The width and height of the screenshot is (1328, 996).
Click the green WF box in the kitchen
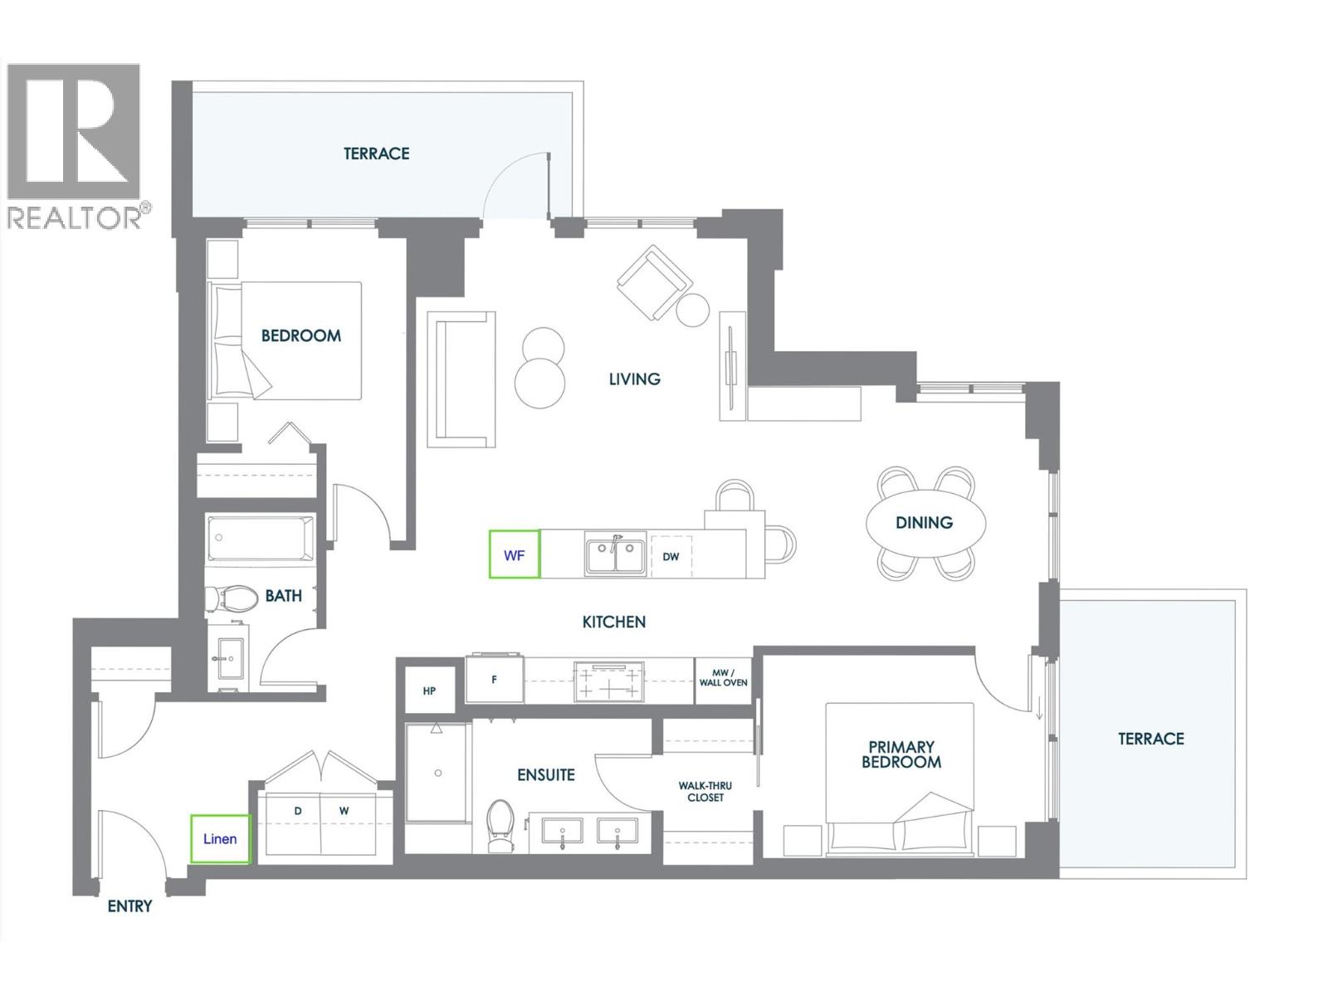(x=515, y=554)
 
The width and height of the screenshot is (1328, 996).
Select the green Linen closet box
(x=220, y=838)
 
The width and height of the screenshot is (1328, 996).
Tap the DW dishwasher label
(x=671, y=556)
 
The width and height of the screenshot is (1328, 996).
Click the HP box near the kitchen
(x=429, y=691)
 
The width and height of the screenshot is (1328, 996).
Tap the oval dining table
(x=925, y=522)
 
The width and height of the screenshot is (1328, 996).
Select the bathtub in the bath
(x=261, y=538)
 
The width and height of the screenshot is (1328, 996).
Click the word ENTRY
(x=129, y=906)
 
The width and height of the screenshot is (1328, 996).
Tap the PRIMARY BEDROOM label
(x=901, y=754)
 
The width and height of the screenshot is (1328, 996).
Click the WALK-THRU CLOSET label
(x=705, y=791)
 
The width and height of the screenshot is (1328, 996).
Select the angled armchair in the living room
(x=654, y=282)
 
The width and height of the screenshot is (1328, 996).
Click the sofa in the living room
(x=461, y=378)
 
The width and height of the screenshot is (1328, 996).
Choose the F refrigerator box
(x=495, y=679)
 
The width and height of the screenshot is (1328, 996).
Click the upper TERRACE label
(x=377, y=154)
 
